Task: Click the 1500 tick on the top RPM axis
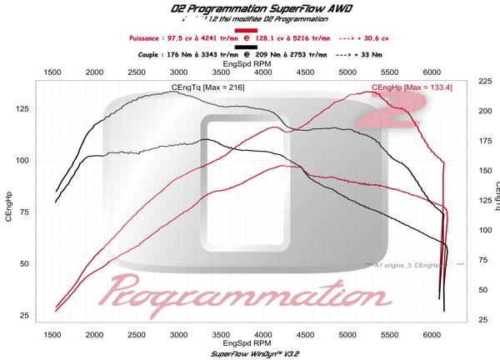point(51,73)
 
